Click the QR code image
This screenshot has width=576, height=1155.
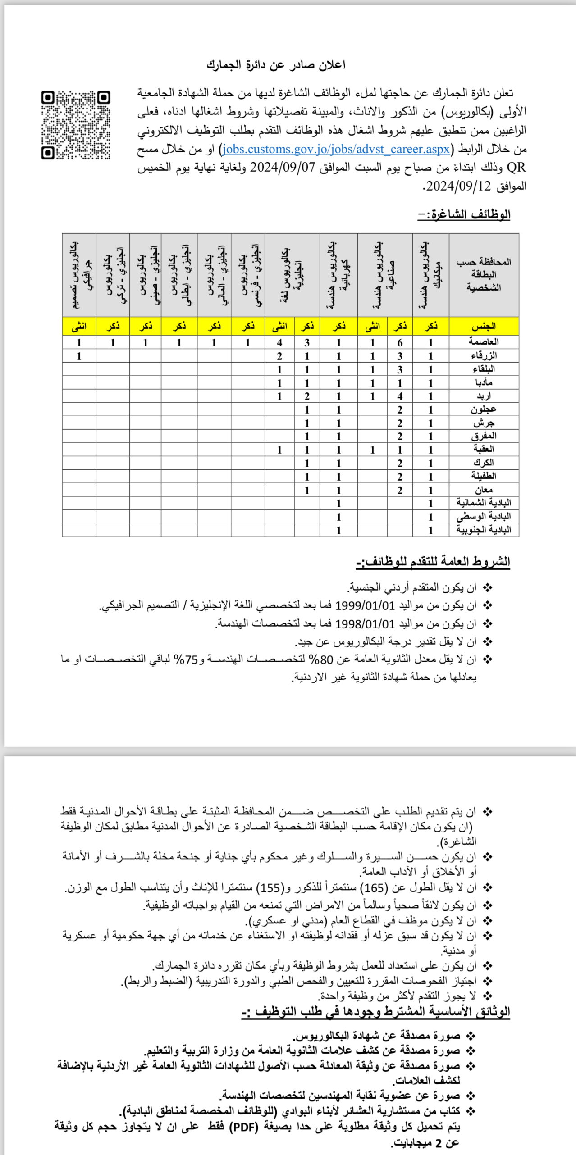point(76,125)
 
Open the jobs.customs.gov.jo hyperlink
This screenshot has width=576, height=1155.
point(336,149)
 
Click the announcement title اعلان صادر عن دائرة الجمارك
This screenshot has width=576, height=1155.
point(276,65)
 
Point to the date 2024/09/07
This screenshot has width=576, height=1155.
point(283,168)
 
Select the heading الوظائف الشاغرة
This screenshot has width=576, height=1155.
point(464,215)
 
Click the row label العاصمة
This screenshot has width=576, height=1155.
point(484,342)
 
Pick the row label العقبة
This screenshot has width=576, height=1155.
point(484,449)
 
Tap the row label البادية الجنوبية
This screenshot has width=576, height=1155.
point(484,530)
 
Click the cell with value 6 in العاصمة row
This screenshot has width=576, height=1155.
point(400,343)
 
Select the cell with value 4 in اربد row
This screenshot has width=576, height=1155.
point(400,396)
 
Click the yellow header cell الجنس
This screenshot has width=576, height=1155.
point(484,326)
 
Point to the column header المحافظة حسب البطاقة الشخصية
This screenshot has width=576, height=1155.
point(484,275)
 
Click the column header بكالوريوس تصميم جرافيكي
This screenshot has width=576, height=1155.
point(79,275)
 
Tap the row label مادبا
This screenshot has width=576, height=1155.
point(484,382)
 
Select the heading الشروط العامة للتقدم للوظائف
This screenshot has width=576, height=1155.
point(433,562)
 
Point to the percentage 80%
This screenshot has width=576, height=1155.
point(320,659)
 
